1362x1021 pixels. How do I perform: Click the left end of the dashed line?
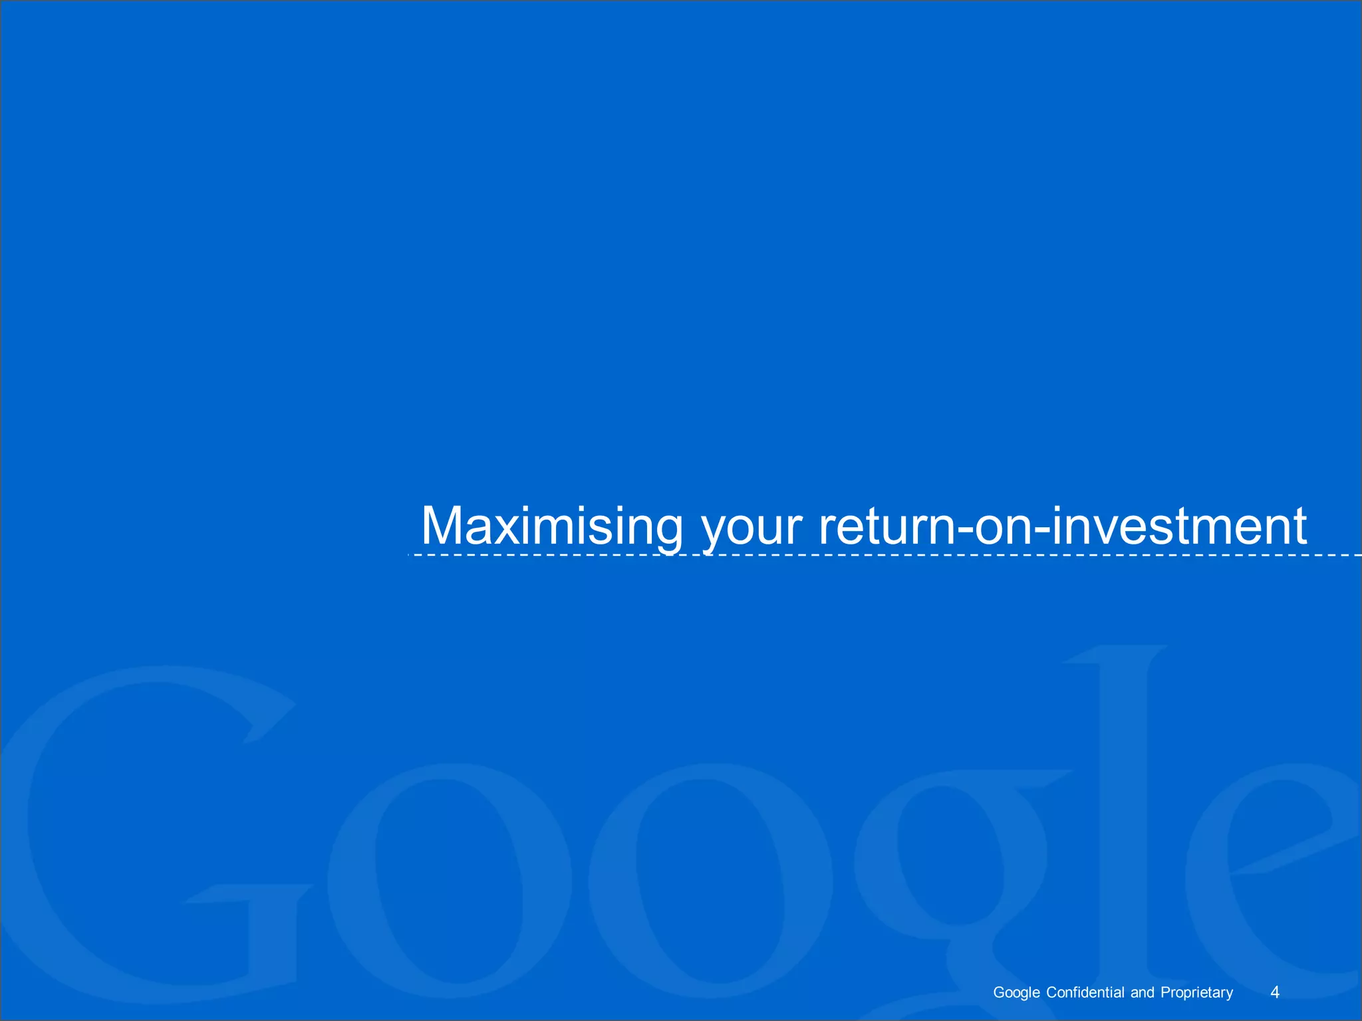410,554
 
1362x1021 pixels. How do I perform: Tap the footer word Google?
1016,992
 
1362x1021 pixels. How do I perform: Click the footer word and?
1143,992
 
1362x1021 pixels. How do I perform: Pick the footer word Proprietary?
1197,992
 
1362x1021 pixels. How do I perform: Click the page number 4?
1275,992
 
